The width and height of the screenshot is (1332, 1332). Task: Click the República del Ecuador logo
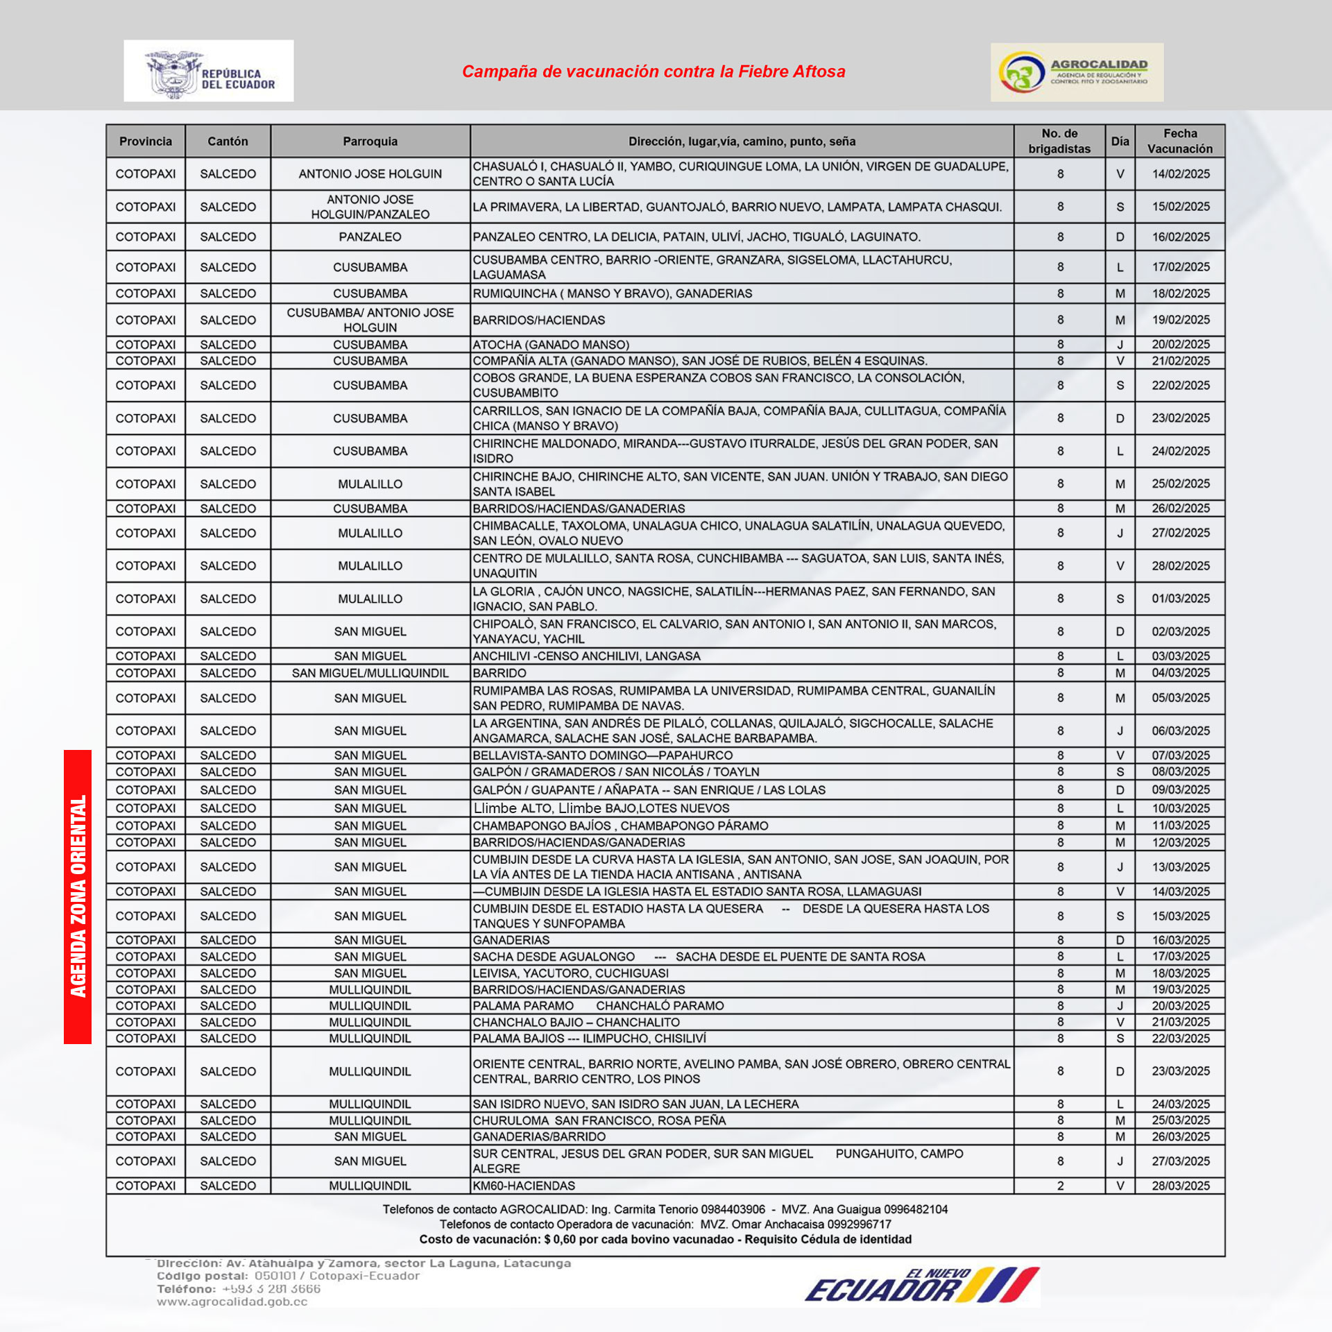pyautogui.click(x=208, y=71)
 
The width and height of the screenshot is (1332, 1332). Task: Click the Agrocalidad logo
pyautogui.click(x=1077, y=72)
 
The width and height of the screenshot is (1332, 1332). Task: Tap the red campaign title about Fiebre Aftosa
pyautogui.click(x=654, y=71)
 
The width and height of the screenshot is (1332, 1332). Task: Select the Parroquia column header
pyautogui.click(x=370, y=142)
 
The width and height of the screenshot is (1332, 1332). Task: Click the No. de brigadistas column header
pyautogui.click(x=1059, y=141)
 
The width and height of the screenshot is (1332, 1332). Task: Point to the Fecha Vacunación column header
pyautogui.click(x=1180, y=141)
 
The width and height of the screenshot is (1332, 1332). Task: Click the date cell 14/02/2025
pyautogui.click(x=1181, y=174)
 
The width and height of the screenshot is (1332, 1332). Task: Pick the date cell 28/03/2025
pyautogui.click(x=1181, y=1186)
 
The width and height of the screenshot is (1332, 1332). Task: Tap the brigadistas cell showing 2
pyautogui.click(x=1060, y=1186)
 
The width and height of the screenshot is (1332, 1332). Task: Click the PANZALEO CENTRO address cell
pyautogui.click(x=697, y=237)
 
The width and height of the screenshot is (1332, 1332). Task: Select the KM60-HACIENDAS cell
pyautogui.click(x=524, y=1186)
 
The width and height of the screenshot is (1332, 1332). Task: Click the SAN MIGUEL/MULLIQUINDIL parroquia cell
pyautogui.click(x=370, y=673)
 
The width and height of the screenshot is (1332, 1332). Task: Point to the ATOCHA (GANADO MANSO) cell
pyautogui.click(x=551, y=345)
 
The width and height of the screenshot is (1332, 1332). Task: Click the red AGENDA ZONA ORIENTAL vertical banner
pyautogui.click(x=78, y=896)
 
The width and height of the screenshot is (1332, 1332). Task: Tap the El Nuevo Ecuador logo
pyautogui.click(x=923, y=1286)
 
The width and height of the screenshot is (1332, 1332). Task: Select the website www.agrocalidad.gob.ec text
pyautogui.click(x=232, y=1301)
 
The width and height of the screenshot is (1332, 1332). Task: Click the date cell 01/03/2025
pyautogui.click(x=1181, y=599)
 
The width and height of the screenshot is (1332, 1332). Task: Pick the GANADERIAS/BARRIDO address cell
pyautogui.click(x=539, y=1136)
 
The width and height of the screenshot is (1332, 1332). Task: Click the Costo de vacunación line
pyautogui.click(x=665, y=1239)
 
